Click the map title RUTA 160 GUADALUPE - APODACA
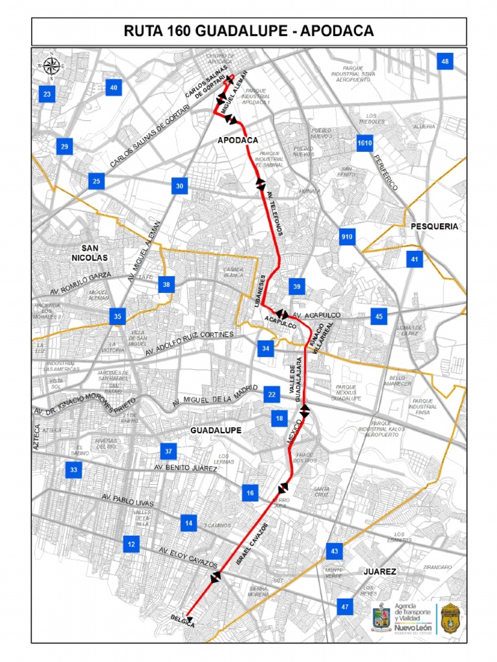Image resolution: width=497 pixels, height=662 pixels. [x=248, y=32]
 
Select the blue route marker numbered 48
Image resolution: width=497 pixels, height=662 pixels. [x=445, y=62]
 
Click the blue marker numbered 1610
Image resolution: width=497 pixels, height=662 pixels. [x=364, y=142]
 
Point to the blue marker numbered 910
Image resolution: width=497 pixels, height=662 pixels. [x=346, y=237]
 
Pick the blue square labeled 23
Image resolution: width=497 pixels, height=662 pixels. [x=47, y=94]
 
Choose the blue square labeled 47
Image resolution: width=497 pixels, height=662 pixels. [x=345, y=606]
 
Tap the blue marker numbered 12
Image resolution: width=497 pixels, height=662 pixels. [x=131, y=544]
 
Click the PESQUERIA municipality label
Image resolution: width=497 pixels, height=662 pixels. [x=434, y=226]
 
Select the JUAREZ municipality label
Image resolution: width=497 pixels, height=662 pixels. [x=379, y=571]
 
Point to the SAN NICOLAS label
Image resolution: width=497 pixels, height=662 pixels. [x=93, y=252]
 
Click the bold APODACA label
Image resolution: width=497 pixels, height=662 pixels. [x=238, y=140]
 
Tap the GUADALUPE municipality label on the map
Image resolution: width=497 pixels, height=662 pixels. [x=216, y=430]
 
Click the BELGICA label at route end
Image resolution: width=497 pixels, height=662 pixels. [x=182, y=619]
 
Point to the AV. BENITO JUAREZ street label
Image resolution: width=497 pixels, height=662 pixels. [x=185, y=467]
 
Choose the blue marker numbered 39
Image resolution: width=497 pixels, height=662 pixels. [x=297, y=286]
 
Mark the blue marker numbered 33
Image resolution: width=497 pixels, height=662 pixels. [x=73, y=470]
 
